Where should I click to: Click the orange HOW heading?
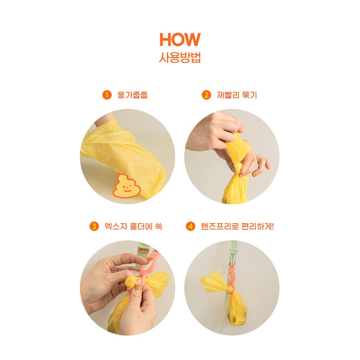180,40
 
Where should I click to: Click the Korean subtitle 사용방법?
180,58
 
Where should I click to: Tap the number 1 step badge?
107,95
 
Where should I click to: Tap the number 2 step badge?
206,95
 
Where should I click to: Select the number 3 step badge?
94,226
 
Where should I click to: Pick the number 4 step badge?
190,226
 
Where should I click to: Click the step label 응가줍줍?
132,95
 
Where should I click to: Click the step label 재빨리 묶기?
237,95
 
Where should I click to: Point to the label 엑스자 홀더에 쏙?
133,226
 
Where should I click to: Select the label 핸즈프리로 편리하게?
237,226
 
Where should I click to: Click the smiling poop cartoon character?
126,186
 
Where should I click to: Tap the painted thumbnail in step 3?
138,288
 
